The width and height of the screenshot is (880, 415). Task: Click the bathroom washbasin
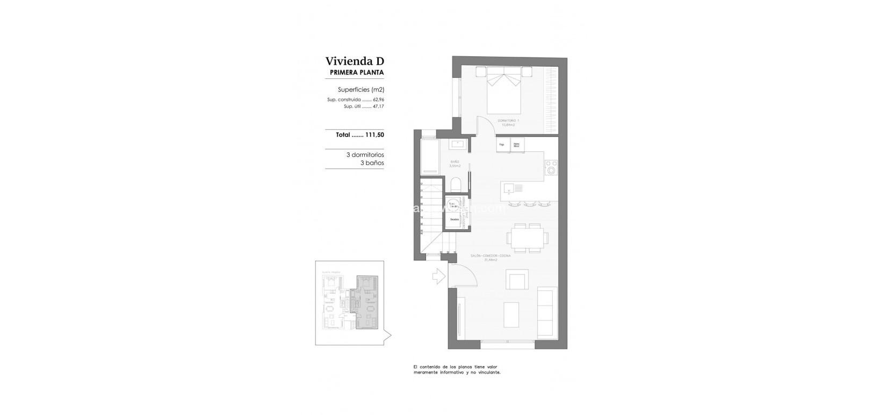(x=458, y=143)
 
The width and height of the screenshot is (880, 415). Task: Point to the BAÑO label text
(x=455, y=161)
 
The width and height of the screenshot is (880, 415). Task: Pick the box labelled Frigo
(x=502, y=145)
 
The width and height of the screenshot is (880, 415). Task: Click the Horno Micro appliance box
(x=517, y=145)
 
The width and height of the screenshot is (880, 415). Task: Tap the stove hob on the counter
(x=551, y=167)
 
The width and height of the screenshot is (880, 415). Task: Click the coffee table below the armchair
(x=511, y=314)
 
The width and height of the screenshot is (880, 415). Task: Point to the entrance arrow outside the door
(x=438, y=276)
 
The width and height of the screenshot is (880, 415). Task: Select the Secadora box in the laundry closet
(x=455, y=219)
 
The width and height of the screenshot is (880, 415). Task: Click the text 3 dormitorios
(x=365, y=155)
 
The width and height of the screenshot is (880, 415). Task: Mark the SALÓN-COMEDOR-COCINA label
(x=491, y=257)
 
